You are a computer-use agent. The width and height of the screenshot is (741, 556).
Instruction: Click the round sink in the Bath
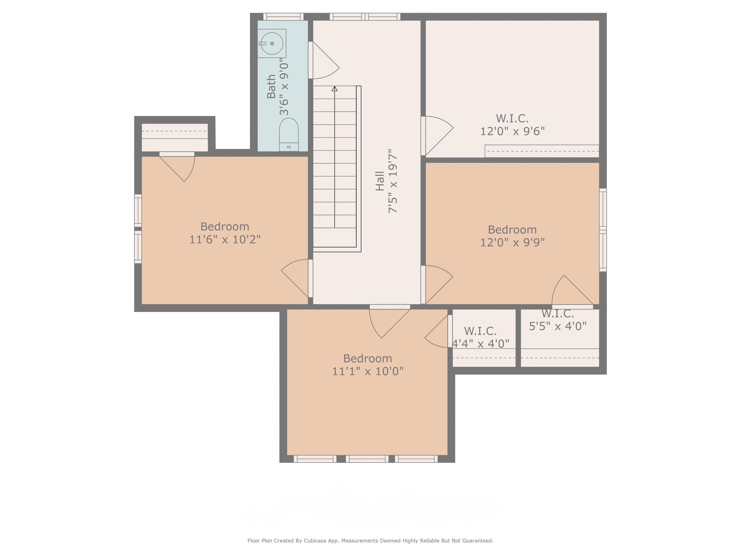[x=272, y=43]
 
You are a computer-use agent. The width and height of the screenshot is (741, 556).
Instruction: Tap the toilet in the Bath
[x=289, y=134]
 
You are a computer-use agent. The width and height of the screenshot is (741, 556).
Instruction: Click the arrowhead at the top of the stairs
[x=334, y=89]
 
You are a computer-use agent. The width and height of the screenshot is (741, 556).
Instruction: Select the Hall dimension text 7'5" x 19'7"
[x=392, y=181]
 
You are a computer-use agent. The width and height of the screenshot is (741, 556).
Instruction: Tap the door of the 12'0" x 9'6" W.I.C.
[x=437, y=136]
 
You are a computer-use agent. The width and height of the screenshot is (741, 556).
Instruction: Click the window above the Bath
[x=283, y=17]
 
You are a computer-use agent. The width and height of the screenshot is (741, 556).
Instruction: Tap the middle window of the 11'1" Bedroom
[x=367, y=459]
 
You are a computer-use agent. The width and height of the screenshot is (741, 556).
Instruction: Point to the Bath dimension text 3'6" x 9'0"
[x=284, y=87]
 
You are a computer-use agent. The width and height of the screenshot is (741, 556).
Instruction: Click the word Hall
[x=379, y=181]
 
